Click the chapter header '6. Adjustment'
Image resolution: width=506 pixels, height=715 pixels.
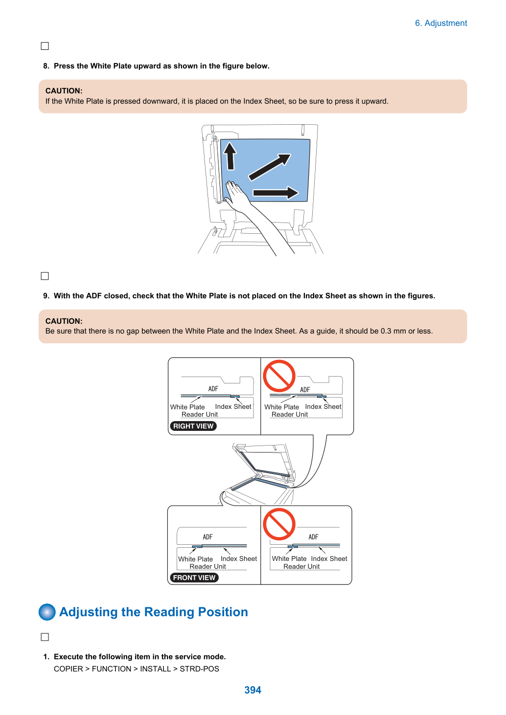point(441,23)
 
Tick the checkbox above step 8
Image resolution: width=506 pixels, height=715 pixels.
point(45,46)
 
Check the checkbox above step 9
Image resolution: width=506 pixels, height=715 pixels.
point(45,276)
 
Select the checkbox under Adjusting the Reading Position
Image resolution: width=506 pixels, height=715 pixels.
point(45,637)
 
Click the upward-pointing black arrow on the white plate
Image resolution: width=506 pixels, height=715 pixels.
point(230,156)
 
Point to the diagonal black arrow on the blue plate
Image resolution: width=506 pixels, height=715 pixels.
point(270,167)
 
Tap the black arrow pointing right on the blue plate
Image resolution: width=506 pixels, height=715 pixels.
point(276,193)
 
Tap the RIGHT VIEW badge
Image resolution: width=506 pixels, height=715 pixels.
point(193,426)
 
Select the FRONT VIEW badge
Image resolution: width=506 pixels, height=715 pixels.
point(194,578)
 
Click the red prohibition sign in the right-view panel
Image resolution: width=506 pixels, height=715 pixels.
point(279,376)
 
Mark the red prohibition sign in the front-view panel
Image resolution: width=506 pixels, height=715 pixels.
point(279,524)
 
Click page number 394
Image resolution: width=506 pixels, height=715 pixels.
point(253,690)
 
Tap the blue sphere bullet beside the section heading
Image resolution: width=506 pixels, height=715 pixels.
point(47,612)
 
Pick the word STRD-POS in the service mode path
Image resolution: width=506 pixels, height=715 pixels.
point(199,669)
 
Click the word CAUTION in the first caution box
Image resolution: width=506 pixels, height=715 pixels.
point(64,91)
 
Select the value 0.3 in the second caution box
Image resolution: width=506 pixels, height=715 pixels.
point(386,331)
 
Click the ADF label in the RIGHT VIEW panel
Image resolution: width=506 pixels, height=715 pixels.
point(213,388)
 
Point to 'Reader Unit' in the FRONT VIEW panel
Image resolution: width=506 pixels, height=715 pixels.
point(207,566)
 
